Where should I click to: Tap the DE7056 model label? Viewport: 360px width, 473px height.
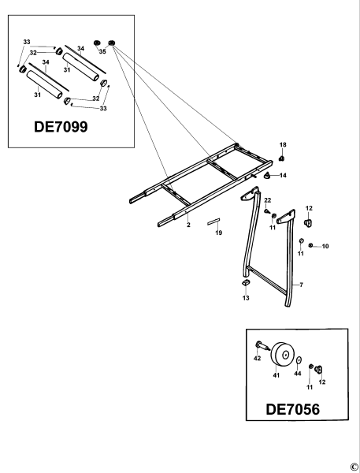click(x=294, y=410)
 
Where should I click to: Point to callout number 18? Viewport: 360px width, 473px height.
click(x=283, y=145)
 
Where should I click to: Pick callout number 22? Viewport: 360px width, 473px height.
click(x=267, y=201)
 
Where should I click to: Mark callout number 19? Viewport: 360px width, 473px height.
click(x=218, y=233)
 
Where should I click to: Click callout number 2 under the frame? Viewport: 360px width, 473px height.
click(x=187, y=225)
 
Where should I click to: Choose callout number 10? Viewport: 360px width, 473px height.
click(x=325, y=247)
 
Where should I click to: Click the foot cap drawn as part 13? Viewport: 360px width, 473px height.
click(x=245, y=282)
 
